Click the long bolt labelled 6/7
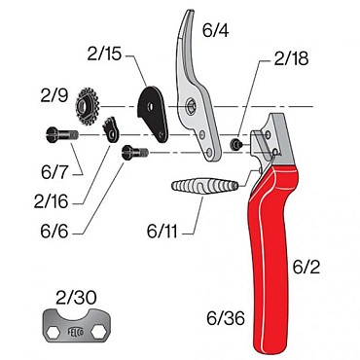[x=63, y=136]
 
